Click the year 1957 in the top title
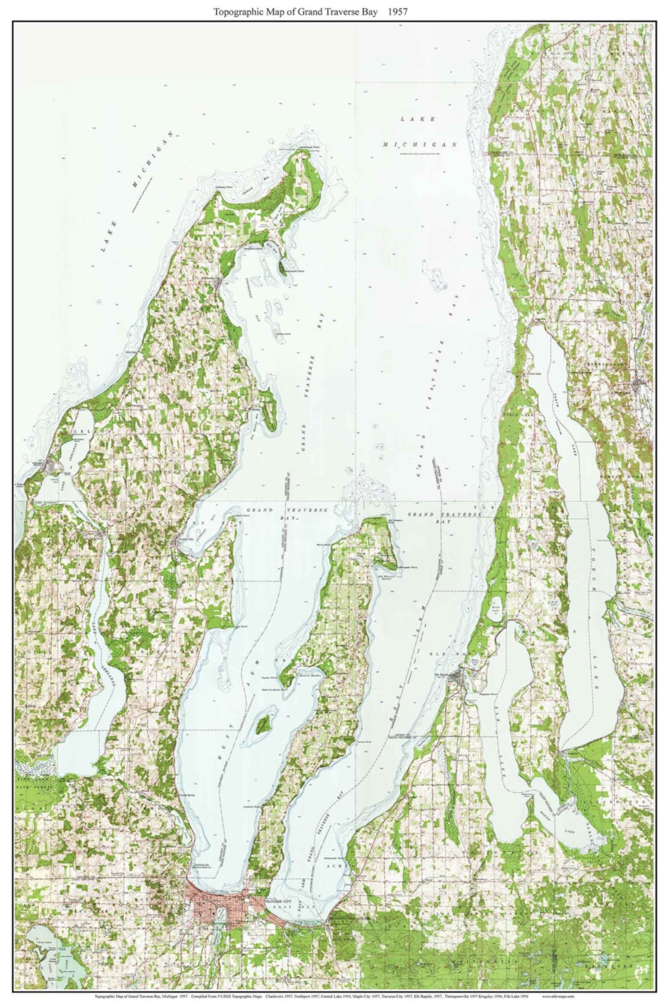point(395,11)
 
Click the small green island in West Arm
point(264,724)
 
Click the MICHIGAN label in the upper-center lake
point(419,144)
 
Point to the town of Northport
point(221,282)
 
